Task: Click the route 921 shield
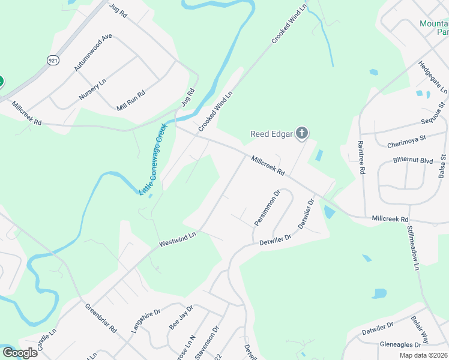click(53, 60)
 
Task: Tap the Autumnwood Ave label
click(93, 53)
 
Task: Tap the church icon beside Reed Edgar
click(302, 133)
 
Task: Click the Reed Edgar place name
click(271, 134)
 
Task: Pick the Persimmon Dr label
click(267, 208)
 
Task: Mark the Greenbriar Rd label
click(100, 318)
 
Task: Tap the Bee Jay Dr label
click(181, 317)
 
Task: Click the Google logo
click(19, 352)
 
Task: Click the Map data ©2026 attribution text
click(423, 355)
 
